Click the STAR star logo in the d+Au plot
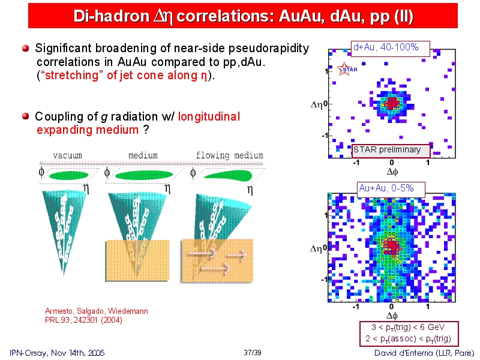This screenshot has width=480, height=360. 344,68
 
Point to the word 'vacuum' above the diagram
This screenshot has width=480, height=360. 67,155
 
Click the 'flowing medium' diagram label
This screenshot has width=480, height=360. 230,155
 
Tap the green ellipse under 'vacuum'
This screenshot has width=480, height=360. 69,176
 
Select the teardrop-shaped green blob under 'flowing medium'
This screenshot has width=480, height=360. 228,176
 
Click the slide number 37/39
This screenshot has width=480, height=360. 253,353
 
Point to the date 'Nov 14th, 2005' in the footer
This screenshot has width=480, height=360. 78,353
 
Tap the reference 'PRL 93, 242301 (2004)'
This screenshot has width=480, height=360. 83,320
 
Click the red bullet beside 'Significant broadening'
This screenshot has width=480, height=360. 26,48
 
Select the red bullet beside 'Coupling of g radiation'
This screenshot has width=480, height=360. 26,116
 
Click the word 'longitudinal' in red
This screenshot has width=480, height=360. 209,116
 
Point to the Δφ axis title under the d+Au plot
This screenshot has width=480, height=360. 392,172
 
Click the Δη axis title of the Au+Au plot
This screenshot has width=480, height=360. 317,248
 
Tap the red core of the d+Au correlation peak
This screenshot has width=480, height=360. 392,103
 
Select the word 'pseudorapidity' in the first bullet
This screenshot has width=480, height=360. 269,49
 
